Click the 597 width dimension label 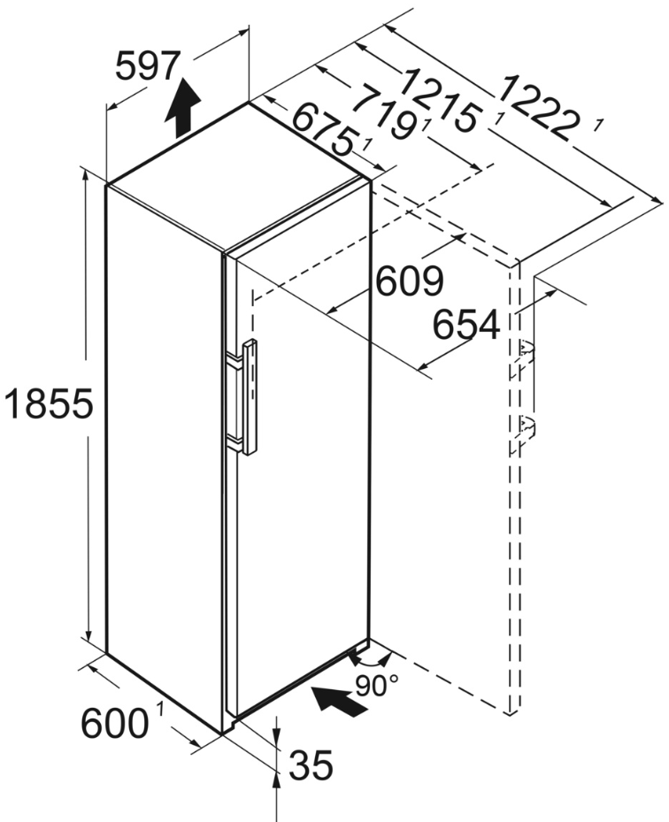click(149, 66)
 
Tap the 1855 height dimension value click(47, 405)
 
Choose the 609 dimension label click(409, 282)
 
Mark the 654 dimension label click(465, 326)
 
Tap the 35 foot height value click(311, 765)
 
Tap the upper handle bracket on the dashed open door click(527, 352)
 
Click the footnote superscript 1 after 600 click(160, 708)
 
